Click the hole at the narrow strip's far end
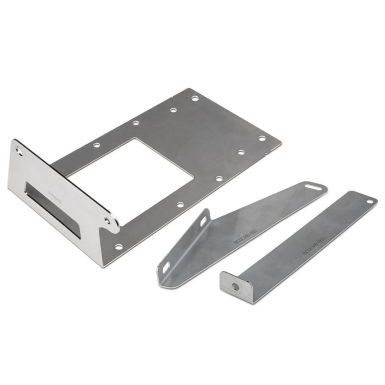pyautogui.click(x=370, y=201)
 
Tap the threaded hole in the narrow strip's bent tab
pyautogui.click(x=235, y=287)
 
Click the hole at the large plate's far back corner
pyautogui.click(x=195, y=98)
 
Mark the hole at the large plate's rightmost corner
pyautogui.click(x=262, y=138)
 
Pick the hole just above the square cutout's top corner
pyautogui.click(x=135, y=123)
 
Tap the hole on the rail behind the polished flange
pyautogui.click(x=96, y=145)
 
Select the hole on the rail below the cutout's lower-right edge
pyautogui.click(x=180, y=205)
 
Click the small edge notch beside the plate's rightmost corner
pyautogui.click(x=267, y=152)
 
